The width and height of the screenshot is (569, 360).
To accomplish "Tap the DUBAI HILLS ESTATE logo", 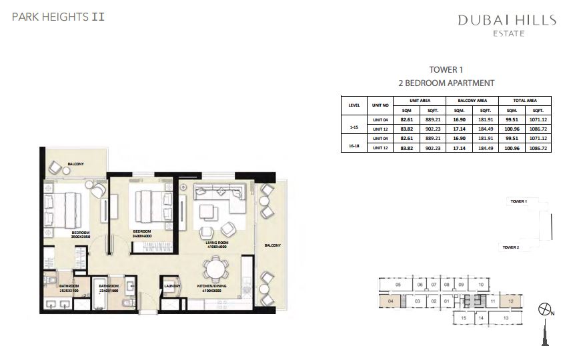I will tap(506, 25).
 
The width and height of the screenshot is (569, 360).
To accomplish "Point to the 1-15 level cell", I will tap(354, 125).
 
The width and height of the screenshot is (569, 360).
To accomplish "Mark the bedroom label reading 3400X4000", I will tap(143, 234).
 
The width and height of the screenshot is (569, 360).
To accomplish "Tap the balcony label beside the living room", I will tap(271, 245).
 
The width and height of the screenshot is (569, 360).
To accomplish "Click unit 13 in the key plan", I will tap(506, 319).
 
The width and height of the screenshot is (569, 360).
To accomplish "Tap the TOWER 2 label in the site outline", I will tap(511, 247).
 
